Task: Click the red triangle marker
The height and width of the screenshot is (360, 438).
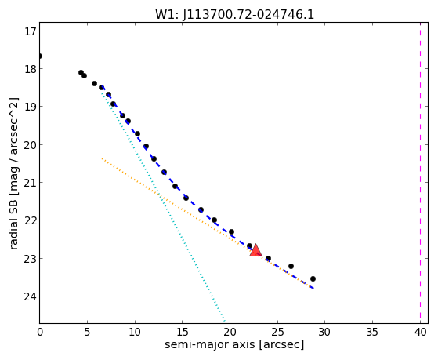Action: point(255,250)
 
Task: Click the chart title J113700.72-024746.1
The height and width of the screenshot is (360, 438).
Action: point(248,15)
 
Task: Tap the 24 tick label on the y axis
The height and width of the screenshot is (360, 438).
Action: point(30,296)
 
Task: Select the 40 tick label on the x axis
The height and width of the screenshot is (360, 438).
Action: point(420,332)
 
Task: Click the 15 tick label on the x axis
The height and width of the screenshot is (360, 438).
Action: point(182,332)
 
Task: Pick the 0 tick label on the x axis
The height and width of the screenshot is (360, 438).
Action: point(40,332)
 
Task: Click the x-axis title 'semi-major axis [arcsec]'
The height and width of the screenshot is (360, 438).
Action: point(234,344)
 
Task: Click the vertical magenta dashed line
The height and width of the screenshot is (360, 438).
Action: point(420,173)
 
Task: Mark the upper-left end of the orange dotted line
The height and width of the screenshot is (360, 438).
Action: point(102,158)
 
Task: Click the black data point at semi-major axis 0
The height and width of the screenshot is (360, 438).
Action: point(40,56)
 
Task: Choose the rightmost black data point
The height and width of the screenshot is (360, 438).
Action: point(313,278)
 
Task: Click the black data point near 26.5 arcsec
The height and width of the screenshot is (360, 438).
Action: point(291,266)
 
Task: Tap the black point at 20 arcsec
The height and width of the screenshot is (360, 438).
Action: point(231,231)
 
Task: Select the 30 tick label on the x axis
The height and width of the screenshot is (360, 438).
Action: point(325,332)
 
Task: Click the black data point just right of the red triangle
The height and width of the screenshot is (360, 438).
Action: point(268,258)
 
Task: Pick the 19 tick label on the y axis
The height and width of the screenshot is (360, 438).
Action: point(30,107)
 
